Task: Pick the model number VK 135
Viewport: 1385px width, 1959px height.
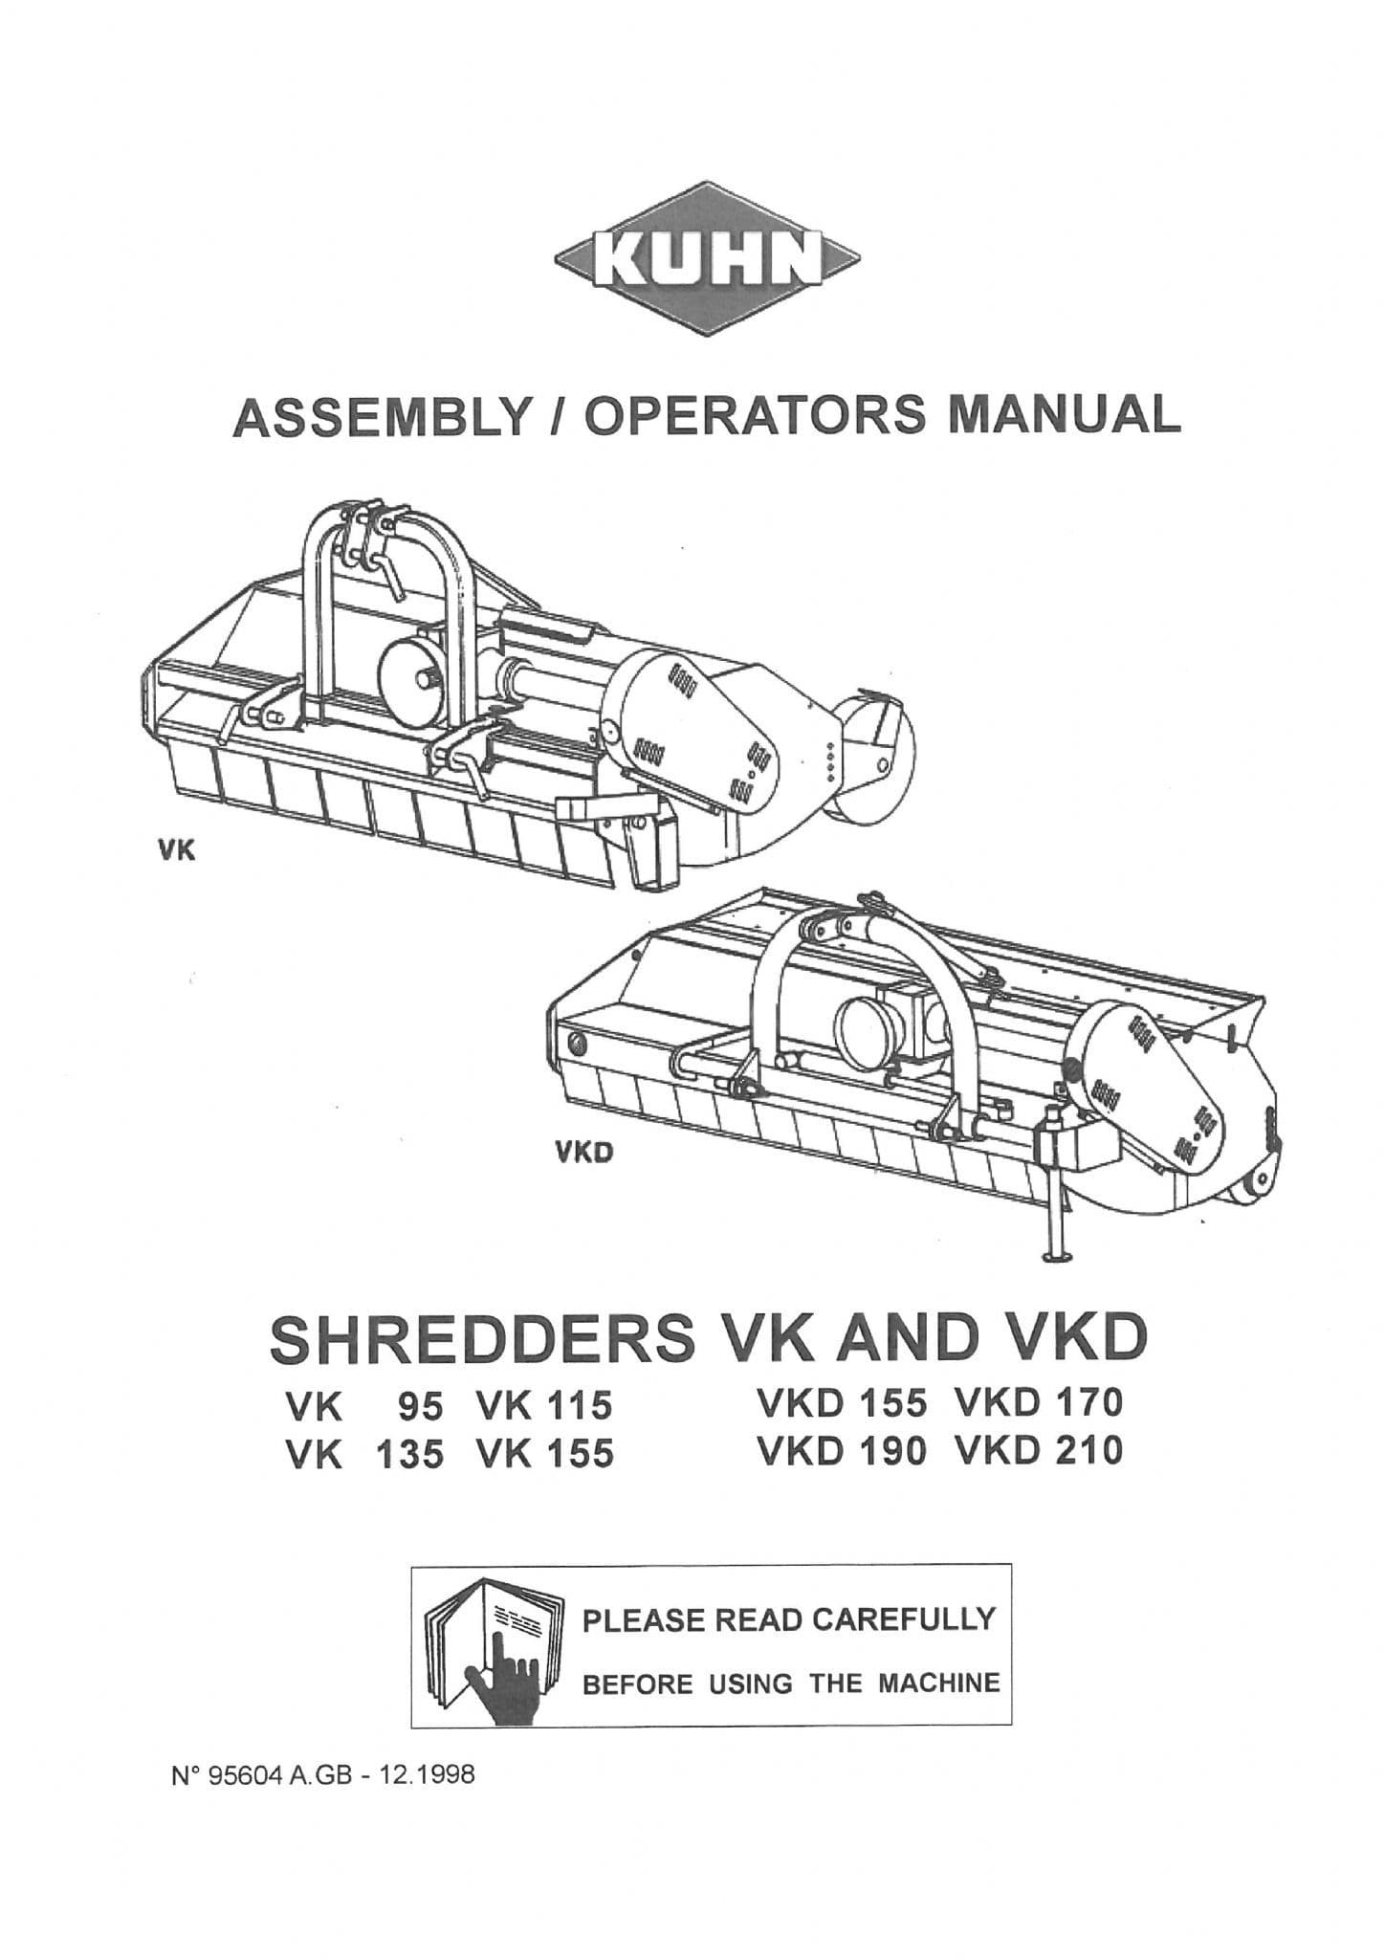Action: pyautogui.click(x=365, y=1455)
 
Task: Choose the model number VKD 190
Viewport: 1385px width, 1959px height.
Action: pyautogui.click(x=842, y=1452)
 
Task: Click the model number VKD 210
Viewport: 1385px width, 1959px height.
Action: pyautogui.click(x=1038, y=1452)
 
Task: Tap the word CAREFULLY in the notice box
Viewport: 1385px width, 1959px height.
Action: pyautogui.click(x=904, y=1619)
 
